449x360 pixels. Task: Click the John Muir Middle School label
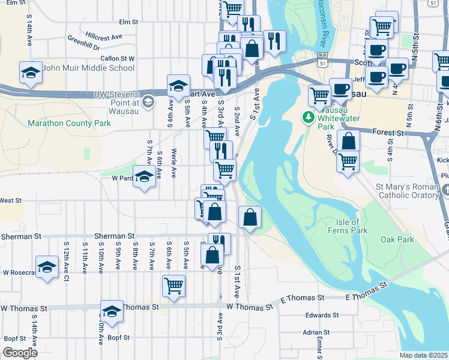pyautogui.click(x=88, y=68)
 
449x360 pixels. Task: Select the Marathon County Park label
pyautogui.click(x=69, y=124)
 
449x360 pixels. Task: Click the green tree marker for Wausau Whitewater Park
pyautogui.click(x=309, y=116)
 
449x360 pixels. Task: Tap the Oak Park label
pyautogui.click(x=397, y=239)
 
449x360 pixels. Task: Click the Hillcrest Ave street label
pyautogui.click(x=104, y=36)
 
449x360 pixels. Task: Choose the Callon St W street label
pyautogui.click(x=118, y=59)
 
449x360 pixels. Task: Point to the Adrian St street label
pyautogui.click(x=318, y=331)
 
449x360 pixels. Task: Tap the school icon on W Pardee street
pyautogui.click(x=143, y=177)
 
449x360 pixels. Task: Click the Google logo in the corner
pyautogui.click(x=20, y=353)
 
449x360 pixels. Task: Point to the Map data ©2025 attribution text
pyautogui.click(x=423, y=355)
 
